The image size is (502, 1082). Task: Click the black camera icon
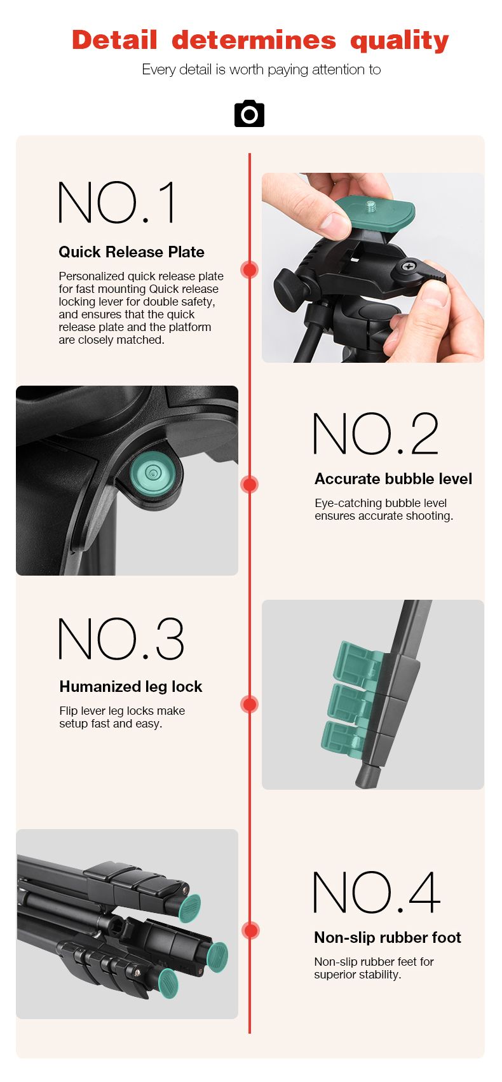pyautogui.click(x=249, y=114)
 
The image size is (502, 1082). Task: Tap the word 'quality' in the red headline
pyautogui.click(x=400, y=41)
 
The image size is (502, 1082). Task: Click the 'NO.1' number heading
pyautogui.click(x=116, y=203)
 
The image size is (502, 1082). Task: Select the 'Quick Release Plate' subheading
pyautogui.click(x=132, y=252)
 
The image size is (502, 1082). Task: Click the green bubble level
pyautogui.click(x=152, y=472)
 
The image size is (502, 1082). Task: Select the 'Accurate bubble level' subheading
pyautogui.click(x=393, y=479)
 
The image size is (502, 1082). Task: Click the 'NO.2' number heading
pyautogui.click(x=376, y=434)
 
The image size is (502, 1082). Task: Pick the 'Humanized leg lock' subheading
pyautogui.click(x=131, y=687)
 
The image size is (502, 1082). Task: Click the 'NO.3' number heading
pyautogui.click(x=121, y=639)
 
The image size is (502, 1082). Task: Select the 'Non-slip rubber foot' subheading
pyautogui.click(x=388, y=938)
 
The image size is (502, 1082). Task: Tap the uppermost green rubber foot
pyautogui.click(x=190, y=908)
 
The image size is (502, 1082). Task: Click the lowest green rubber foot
pyautogui.click(x=168, y=983)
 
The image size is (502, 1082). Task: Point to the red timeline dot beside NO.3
pyautogui.click(x=249, y=704)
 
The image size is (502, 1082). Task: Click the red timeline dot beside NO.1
pyautogui.click(x=249, y=269)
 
